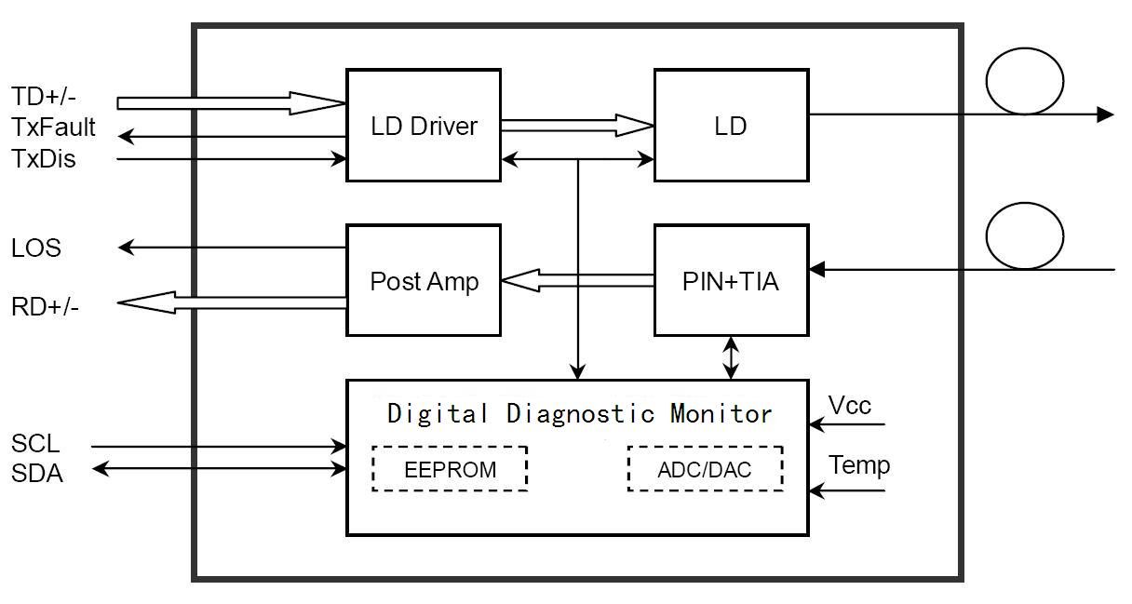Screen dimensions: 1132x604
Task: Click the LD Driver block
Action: coord(424,126)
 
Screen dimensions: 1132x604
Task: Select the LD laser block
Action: coord(732,126)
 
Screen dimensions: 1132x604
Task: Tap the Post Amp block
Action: coord(424,280)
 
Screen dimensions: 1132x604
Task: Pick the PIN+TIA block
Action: coord(732,280)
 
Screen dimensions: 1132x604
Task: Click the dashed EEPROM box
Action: coord(450,469)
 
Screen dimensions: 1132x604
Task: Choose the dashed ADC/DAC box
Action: coord(705,469)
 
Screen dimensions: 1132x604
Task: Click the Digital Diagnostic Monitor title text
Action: coord(579,414)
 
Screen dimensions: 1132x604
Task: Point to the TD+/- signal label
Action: coord(44,96)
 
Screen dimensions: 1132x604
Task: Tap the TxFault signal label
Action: coord(53,127)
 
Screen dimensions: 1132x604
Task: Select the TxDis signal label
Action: coord(44,158)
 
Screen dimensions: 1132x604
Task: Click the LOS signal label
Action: coord(36,248)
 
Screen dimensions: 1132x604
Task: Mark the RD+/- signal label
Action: coord(45,306)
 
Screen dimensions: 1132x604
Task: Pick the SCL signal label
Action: coord(35,443)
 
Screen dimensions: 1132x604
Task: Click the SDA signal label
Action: coord(37,473)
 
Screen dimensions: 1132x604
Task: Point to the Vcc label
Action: coord(850,405)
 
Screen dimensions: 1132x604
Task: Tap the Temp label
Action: coord(858,464)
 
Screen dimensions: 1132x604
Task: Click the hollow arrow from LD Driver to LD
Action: coord(577,126)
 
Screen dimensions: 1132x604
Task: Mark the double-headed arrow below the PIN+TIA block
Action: coord(731,358)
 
